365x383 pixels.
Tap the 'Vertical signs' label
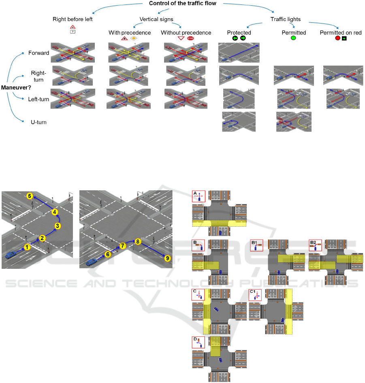[x=155, y=19]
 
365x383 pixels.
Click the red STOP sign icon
[x=190, y=39]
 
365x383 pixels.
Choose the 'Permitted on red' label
[x=341, y=32]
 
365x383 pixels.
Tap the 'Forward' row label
[x=39, y=53]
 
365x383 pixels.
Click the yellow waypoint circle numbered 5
[x=30, y=196]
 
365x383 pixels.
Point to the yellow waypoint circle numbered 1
[x=27, y=247]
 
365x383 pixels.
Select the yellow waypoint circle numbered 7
[x=122, y=245]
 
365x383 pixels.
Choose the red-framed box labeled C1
[x=255, y=295]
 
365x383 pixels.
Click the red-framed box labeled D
[x=199, y=343]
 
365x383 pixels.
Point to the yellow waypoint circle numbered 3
[x=58, y=226]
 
